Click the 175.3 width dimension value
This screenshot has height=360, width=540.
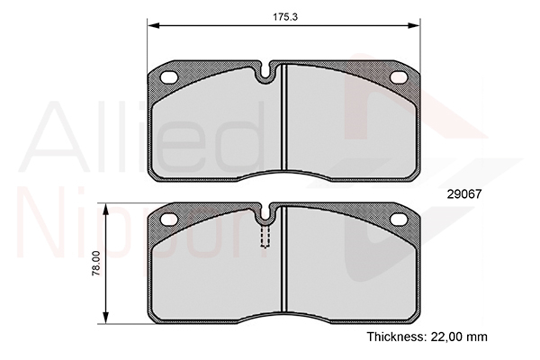[x=285, y=17]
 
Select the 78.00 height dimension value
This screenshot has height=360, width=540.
[x=96, y=263]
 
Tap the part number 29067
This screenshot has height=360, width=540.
[x=463, y=194]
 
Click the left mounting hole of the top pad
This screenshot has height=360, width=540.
[x=169, y=77]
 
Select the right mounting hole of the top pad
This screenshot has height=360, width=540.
[x=399, y=77]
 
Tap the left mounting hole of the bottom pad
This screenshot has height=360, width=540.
[x=169, y=220]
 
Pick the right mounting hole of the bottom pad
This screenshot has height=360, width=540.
[x=399, y=219]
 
